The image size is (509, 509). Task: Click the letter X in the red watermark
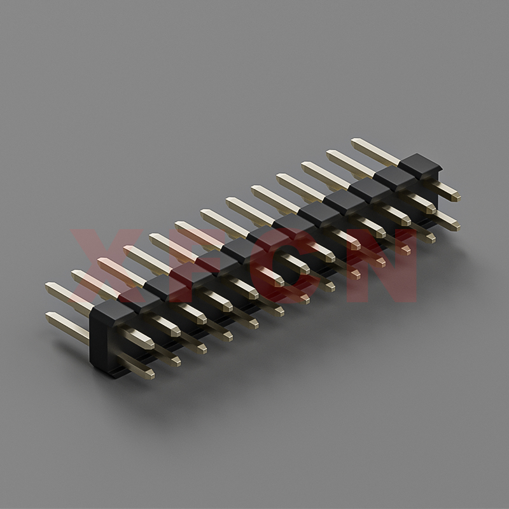[107, 265]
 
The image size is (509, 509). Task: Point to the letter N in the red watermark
[381, 265]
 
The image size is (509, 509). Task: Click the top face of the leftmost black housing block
[113, 310]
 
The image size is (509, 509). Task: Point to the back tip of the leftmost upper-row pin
[48, 284]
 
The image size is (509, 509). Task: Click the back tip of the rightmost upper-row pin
[354, 141]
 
